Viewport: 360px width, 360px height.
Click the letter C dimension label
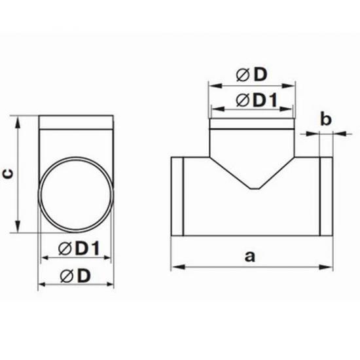[9, 175]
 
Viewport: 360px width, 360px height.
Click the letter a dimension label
[249, 257]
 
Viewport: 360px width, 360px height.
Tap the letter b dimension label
[326, 119]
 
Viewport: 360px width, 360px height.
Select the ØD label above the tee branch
[251, 75]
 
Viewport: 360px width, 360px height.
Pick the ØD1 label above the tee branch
[257, 100]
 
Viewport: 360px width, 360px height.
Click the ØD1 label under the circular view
[79, 248]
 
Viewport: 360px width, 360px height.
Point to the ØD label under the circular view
[75, 276]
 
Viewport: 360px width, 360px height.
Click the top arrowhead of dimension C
[18, 121]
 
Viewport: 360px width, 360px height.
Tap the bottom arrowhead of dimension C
[18, 227]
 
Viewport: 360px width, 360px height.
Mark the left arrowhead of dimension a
[178, 267]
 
